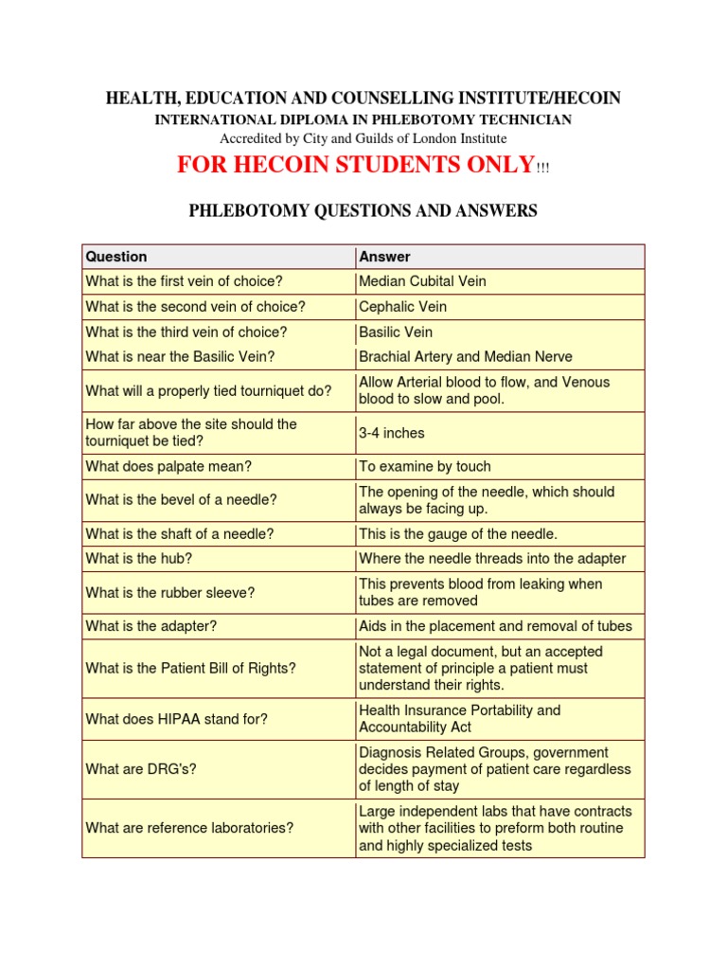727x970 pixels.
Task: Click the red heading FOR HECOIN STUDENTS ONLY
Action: (x=356, y=165)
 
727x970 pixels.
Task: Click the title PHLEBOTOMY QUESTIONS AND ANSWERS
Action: (x=363, y=211)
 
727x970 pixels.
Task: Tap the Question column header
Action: (x=116, y=257)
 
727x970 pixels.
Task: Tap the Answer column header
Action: (x=384, y=257)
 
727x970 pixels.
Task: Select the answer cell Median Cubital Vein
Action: (x=422, y=281)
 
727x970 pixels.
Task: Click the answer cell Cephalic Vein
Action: (x=402, y=307)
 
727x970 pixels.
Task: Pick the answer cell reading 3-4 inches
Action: (x=392, y=433)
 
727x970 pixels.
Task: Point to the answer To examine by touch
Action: (x=424, y=466)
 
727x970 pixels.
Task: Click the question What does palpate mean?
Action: (x=168, y=466)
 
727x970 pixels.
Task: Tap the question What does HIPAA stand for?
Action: (x=176, y=719)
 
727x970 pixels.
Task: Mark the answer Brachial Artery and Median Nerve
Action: (x=466, y=357)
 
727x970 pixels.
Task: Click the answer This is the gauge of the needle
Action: (x=458, y=534)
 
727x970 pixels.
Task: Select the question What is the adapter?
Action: (x=148, y=626)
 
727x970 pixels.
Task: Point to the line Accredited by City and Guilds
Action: (x=363, y=137)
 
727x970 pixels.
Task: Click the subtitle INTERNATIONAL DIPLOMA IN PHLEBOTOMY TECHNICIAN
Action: (x=363, y=119)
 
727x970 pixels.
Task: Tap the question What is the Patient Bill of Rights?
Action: (x=190, y=668)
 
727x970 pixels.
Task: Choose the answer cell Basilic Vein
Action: (x=396, y=332)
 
